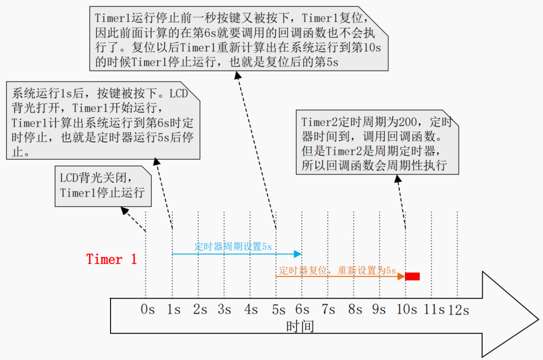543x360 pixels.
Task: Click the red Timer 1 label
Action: pyautogui.click(x=112, y=259)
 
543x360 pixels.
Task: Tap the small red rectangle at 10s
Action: pyautogui.click(x=412, y=276)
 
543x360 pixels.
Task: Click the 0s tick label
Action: pyautogui.click(x=147, y=309)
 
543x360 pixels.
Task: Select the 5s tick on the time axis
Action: pyautogui.click(x=279, y=309)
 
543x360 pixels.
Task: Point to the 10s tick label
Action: pyautogui.click(x=407, y=309)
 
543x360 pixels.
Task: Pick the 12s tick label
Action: pyautogui.click(x=459, y=310)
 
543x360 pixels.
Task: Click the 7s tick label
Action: pyautogui.click(x=328, y=309)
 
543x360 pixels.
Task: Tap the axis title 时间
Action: pyautogui.click(x=300, y=326)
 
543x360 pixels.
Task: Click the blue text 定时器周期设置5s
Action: pyautogui.click(x=233, y=246)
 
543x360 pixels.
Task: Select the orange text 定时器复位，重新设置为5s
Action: pyautogui.click(x=337, y=271)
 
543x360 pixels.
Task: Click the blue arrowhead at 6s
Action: pyautogui.click(x=298, y=254)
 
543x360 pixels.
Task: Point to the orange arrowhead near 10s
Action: pyautogui.click(x=401, y=276)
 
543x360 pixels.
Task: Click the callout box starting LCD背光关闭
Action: pyautogui.click(x=103, y=186)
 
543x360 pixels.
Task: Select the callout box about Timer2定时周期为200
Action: pyautogui.click(x=378, y=142)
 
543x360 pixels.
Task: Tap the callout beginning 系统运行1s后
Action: pyautogui.click(x=103, y=121)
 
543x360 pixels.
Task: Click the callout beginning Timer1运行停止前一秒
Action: pyautogui.click(x=239, y=38)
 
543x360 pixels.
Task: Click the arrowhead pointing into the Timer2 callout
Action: pyautogui.click(x=398, y=178)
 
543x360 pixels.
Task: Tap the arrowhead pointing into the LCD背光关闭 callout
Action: pyautogui.click(x=124, y=211)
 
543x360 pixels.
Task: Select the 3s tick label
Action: pyautogui.click(x=224, y=309)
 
